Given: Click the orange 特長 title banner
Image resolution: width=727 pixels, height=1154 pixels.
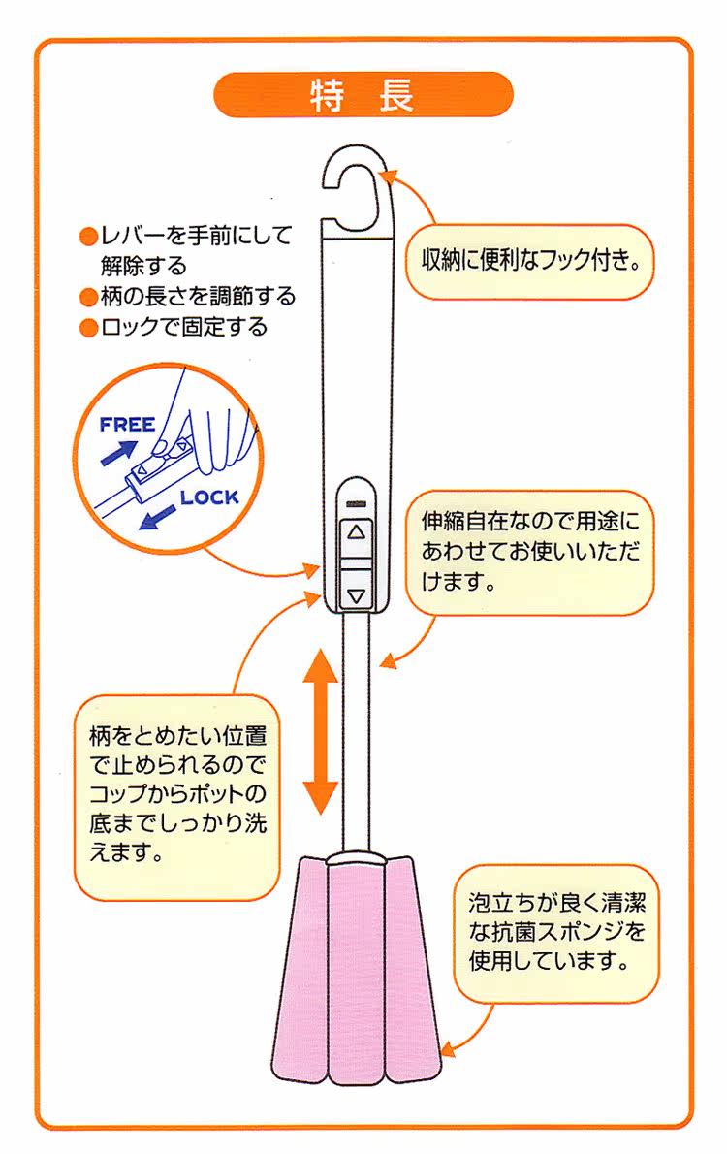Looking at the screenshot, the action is point(363,95).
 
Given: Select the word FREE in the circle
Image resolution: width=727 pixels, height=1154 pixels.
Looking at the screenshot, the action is point(127,426).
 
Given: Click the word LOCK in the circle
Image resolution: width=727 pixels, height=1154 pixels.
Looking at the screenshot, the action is point(209,498).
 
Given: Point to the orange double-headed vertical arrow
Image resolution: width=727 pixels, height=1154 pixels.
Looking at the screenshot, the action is point(321,731).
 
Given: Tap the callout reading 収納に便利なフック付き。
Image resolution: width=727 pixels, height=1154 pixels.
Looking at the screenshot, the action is point(529,261).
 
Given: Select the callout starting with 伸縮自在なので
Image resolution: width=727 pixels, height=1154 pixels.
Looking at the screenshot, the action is point(529,552).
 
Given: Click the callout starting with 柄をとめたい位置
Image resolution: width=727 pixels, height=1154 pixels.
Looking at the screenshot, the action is point(177,796).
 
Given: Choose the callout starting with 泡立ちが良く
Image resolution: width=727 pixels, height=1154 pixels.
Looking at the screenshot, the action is point(555,933).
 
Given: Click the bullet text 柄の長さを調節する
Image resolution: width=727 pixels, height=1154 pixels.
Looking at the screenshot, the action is point(198,297).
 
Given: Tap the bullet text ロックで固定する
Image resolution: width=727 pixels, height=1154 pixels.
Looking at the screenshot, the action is point(184,328).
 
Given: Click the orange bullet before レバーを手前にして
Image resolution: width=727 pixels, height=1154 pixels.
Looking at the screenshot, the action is point(88,237).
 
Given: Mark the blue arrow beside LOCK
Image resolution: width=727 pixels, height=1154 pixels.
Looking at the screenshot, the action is point(157,518).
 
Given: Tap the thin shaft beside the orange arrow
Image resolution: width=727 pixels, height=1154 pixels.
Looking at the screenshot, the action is point(357,732).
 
